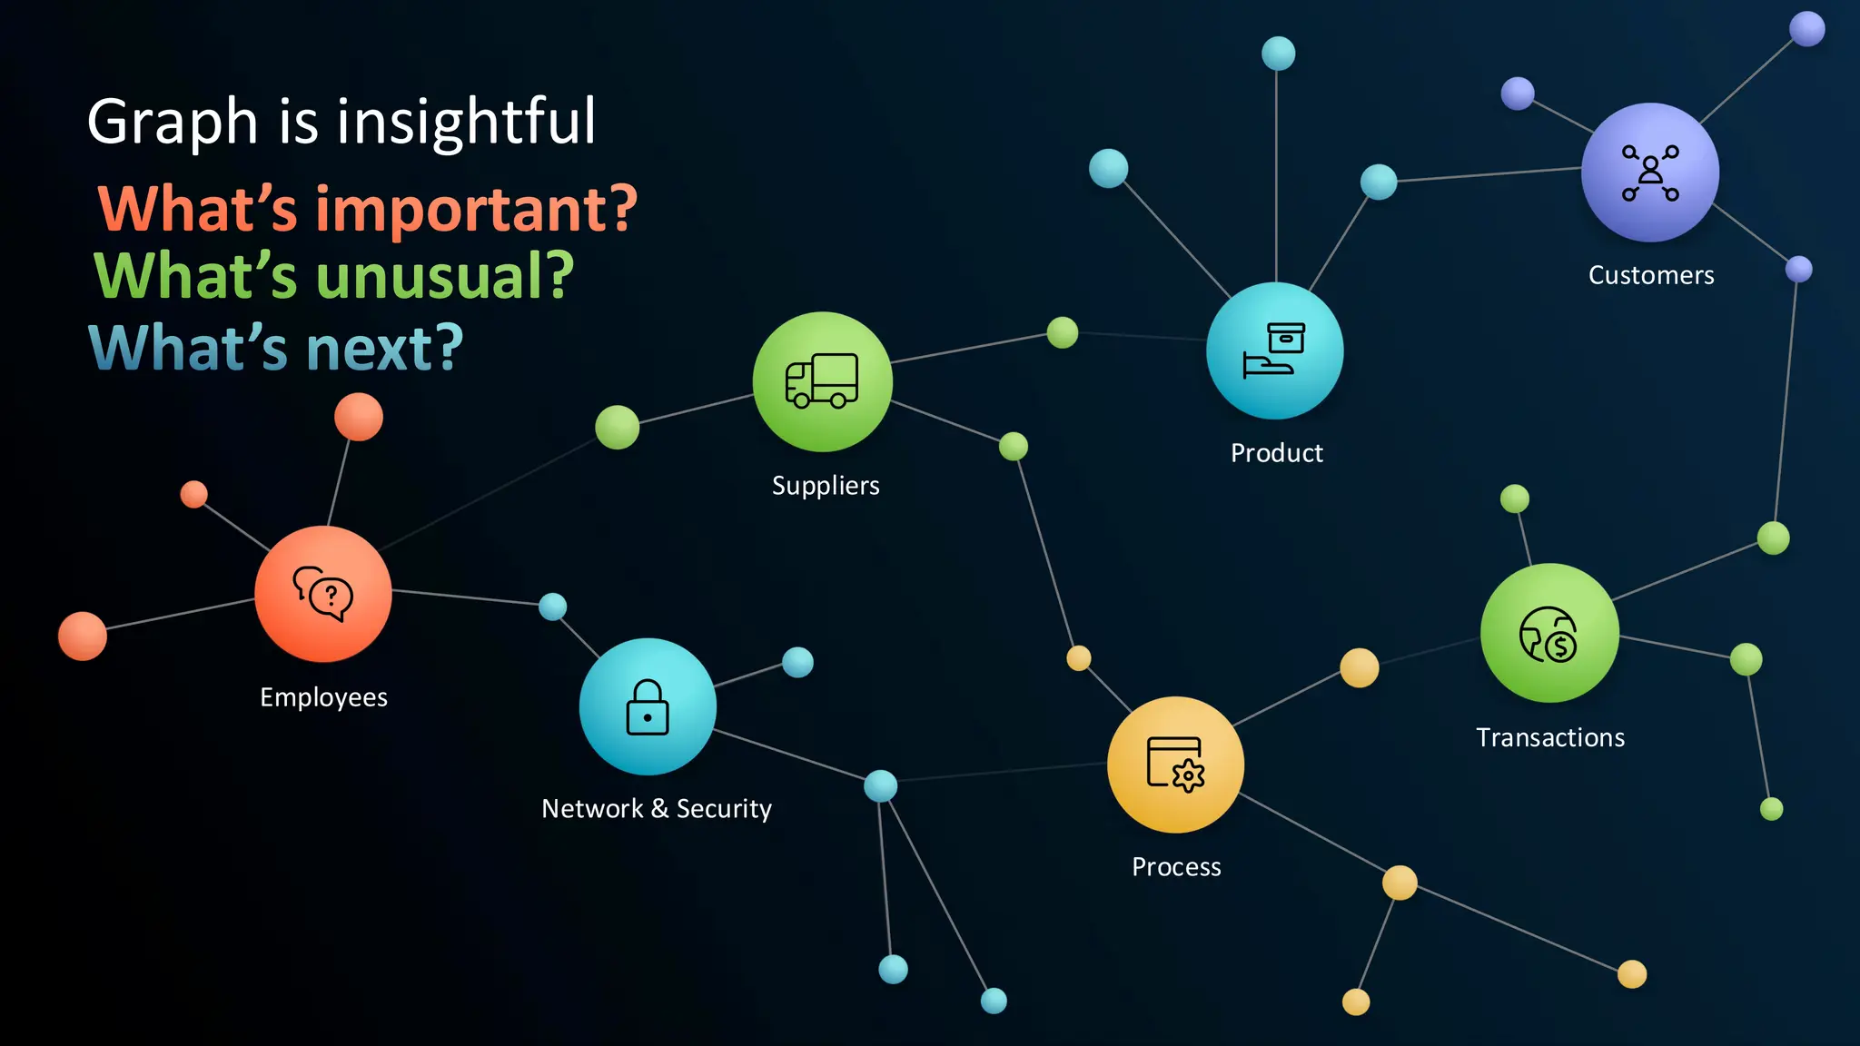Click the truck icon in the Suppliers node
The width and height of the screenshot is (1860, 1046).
[822, 380]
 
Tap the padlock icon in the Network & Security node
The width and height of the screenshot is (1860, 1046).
[648, 707]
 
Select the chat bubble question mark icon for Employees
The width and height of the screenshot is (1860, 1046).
[323, 594]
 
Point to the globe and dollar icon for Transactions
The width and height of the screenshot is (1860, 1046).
[1548, 635]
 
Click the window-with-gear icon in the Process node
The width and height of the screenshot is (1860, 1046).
[1175, 765]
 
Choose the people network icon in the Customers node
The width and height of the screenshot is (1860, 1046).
[1650, 173]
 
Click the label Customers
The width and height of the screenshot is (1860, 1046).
[1651, 275]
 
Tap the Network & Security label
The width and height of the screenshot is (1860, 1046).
[657, 808]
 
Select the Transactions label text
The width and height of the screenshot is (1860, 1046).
[1550, 737]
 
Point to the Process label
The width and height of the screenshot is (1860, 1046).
[1176, 867]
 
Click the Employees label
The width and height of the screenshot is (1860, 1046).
[323, 697]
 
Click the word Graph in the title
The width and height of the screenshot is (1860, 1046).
[173, 123]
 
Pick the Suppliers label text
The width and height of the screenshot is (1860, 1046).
[826, 486]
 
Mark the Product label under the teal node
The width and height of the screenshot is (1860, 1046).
[1276, 453]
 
